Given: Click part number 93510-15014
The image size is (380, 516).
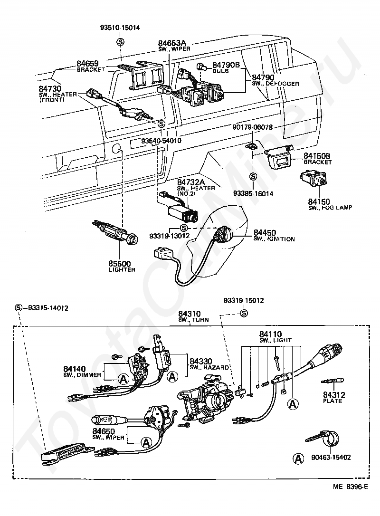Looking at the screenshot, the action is pyautogui.click(x=120, y=28).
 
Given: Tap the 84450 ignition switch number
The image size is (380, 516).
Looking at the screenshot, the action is pyautogui.click(x=265, y=233).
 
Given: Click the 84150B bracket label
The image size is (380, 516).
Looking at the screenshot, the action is pyautogui.click(x=317, y=156).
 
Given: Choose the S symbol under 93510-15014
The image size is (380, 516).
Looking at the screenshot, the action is pyautogui.click(x=121, y=42).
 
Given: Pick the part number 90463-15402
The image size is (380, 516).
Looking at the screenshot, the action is pyautogui.click(x=331, y=458).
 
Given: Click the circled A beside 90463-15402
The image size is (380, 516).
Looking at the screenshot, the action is pyautogui.click(x=298, y=458).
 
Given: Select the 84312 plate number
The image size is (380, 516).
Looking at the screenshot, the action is pyautogui.click(x=334, y=395).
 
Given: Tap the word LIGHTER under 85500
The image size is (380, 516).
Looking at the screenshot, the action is pyautogui.click(x=122, y=270).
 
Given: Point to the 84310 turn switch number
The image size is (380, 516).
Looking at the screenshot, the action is pyautogui.click(x=189, y=314).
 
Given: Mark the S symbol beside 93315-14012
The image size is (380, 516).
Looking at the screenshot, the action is pyautogui.click(x=19, y=308).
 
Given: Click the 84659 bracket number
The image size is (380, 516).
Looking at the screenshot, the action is pyautogui.click(x=87, y=64).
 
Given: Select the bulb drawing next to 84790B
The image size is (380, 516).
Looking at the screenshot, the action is pyautogui.click(x=202, y=67).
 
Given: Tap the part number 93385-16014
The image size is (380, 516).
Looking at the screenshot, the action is pyautogui.click(x=253, y=194).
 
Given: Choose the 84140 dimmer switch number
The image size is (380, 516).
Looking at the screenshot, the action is pyautogui.click(x=75, y=369).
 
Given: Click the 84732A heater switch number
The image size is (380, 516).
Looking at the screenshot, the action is pyautogui.click(x=191, y=182).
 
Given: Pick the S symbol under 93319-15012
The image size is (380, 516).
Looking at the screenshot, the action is pyautogui.click(x=244, y=313).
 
